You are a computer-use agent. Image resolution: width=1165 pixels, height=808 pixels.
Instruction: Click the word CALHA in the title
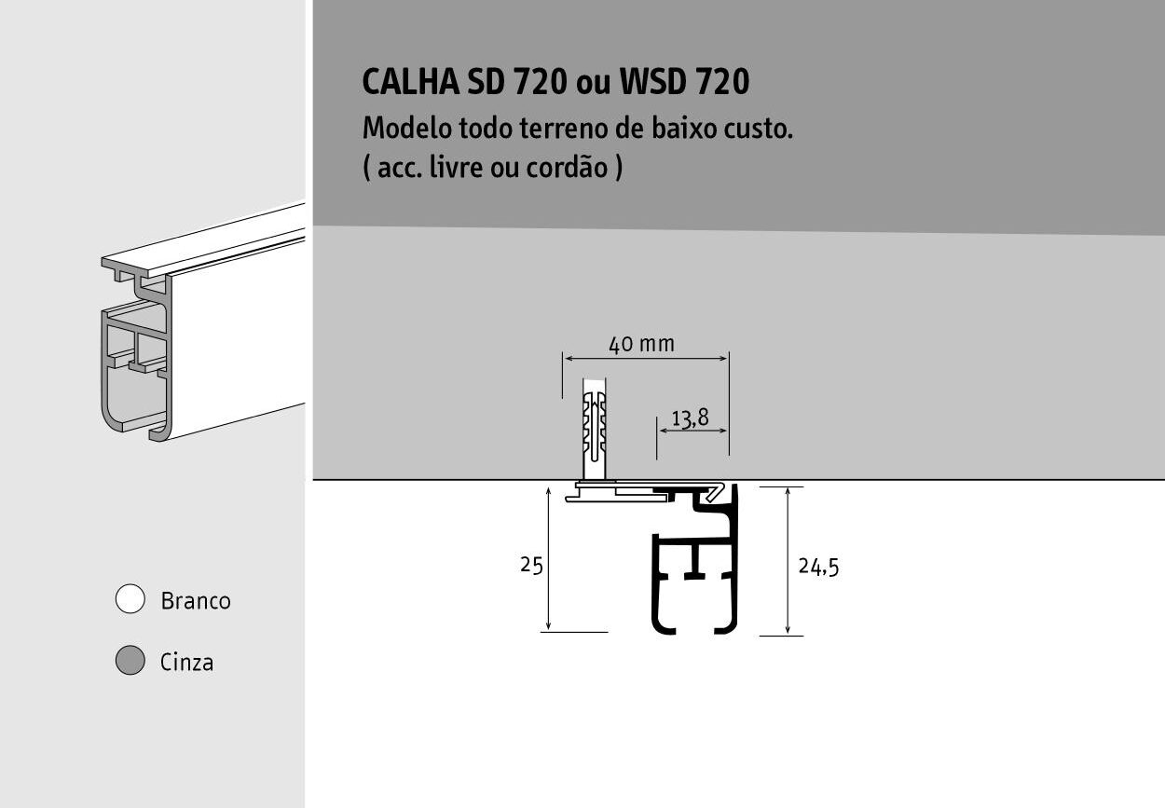[411, 82]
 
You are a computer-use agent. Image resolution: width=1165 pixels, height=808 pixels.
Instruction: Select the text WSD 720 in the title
[684, 82]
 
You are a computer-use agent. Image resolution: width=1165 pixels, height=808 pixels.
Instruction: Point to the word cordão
[567, 168]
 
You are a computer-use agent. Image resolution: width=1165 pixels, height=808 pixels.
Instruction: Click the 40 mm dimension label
[642, 344]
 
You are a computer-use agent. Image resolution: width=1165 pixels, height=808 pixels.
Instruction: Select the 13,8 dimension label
[691, 418]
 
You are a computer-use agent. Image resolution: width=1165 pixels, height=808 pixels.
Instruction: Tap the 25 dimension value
[531, 565]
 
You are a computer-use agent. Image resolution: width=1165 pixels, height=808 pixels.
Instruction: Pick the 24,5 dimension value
[818, 567]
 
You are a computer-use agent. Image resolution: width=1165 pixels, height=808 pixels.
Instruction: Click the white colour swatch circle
[130, 598]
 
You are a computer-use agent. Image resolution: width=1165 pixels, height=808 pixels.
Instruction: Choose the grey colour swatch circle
[130, 660]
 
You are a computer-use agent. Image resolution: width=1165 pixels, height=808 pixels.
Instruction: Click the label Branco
[196, 601]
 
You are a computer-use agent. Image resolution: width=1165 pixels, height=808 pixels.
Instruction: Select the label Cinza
[186, 663]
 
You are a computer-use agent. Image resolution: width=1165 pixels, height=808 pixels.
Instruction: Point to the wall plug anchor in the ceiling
[595, 429]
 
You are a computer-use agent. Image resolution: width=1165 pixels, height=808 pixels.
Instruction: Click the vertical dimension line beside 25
[548, 559]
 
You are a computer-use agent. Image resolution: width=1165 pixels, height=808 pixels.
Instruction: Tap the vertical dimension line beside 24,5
[788, 560]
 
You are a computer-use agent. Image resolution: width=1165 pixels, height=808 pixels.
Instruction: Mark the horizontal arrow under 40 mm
[646, 358]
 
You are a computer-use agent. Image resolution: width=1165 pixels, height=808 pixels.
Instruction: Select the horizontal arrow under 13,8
[692, 431]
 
